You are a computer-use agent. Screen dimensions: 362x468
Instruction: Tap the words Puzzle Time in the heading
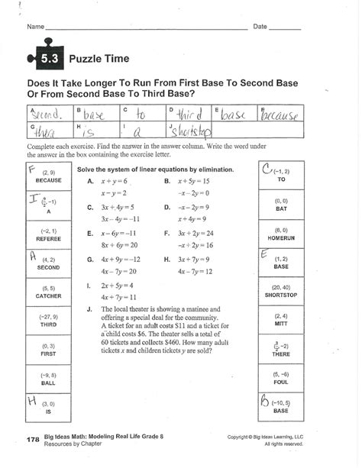click(99, 59)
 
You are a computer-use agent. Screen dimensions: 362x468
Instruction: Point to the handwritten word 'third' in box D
click(187, 115)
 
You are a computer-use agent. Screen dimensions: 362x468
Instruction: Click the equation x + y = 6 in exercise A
click(114, 182)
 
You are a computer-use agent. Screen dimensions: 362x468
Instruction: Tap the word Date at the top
click(260, 27)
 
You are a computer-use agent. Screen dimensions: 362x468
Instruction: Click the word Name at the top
click(36, 27)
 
